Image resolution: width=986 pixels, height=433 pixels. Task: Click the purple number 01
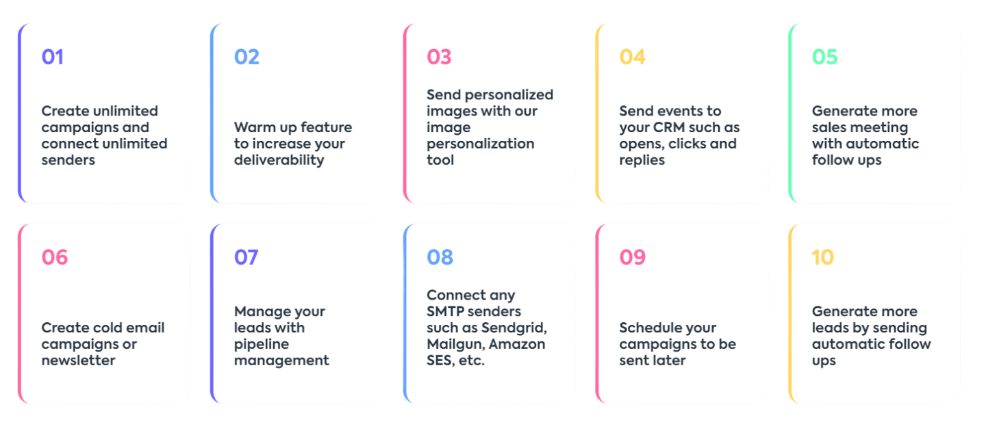coord(52,57)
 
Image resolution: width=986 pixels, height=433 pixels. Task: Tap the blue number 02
coord(246,57)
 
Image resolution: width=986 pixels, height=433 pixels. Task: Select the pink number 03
coord(439,57)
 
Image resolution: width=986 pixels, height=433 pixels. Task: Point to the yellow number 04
coord(632,57)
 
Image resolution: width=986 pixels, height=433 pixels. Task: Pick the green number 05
coord(824,57)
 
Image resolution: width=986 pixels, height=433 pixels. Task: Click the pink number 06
coord(55,257)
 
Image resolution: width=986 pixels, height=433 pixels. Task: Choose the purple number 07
coord(246,257)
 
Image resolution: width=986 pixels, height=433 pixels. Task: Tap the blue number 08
coord(440,257)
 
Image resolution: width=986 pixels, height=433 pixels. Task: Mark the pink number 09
coord(632,257)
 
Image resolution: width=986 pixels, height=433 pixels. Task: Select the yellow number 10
coord(823,257)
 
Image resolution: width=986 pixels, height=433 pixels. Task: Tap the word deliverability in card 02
coord(279,161)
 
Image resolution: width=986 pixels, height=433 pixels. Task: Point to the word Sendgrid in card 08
coord(514,328)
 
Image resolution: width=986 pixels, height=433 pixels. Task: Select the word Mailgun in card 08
coord(455,345)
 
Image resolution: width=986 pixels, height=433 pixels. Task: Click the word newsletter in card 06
coord(78,360)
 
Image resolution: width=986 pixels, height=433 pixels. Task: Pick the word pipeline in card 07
coord(262,345)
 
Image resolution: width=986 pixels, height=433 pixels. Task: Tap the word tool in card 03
coord(440,160)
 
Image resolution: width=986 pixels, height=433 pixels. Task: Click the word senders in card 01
coord(68,160)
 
